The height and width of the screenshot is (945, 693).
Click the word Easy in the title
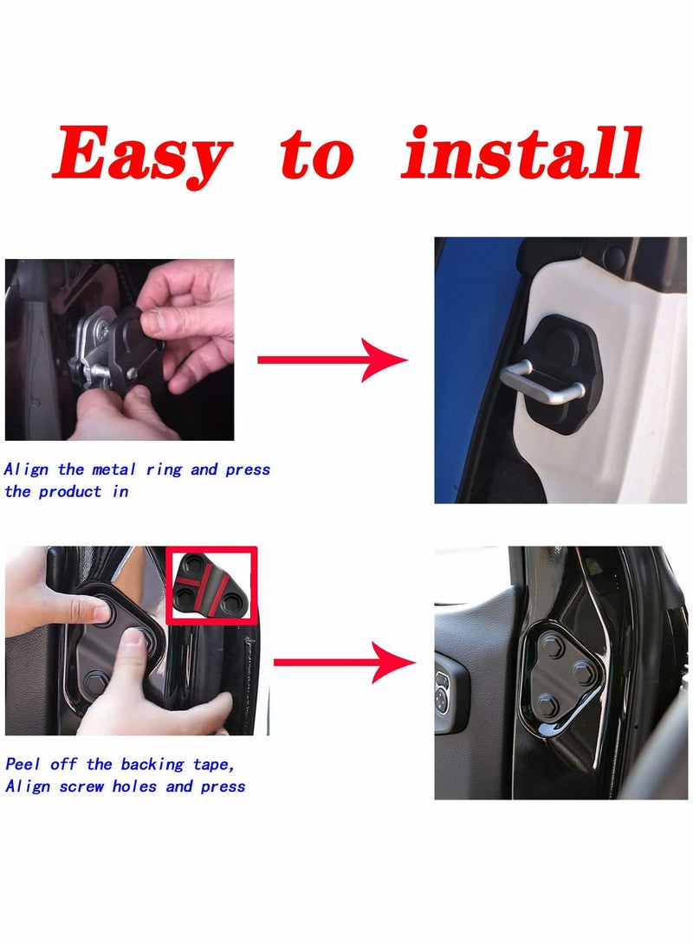pyautogui.click(x=142, y=154)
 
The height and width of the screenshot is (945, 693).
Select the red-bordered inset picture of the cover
pyautogui.click(x=211, y=585)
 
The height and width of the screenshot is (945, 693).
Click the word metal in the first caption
pyautogui.click(x=113, y=469)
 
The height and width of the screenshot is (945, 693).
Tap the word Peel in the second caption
pyautogui.click(x=24, y=764)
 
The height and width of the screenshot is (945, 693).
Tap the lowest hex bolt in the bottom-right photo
pyautogui.click(x=546, y=702)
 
